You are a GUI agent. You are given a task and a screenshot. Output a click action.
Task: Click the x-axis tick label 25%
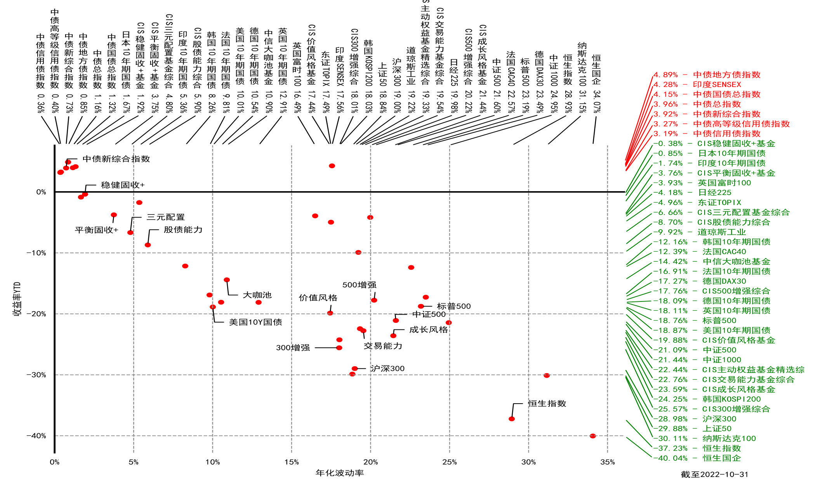click(449, 462)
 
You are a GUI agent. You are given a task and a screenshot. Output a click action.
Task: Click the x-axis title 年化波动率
click(339, 473)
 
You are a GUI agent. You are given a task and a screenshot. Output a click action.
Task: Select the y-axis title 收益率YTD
click(17, 299)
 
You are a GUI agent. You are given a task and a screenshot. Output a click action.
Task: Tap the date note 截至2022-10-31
click(714, 474)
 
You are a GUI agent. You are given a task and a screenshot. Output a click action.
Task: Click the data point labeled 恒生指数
click(512, 419)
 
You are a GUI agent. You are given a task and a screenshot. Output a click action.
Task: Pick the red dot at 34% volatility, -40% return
click(592, 436)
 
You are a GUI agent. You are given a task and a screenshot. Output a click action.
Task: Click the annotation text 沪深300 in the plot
click(387, 368)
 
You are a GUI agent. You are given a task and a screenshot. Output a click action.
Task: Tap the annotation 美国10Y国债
click(255, 322)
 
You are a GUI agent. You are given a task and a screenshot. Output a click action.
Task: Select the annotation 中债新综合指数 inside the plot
click(116, 159)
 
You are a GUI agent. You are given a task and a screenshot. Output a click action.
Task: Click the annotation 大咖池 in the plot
click(257, 295)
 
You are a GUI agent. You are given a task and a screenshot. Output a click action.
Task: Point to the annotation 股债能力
click(183, 230)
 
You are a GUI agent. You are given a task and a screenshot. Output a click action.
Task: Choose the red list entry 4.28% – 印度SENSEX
click(697, 84)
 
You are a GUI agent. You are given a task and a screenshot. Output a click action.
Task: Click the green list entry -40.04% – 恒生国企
click(697, 458)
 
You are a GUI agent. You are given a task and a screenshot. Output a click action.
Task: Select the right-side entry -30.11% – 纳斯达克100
click(704, 438)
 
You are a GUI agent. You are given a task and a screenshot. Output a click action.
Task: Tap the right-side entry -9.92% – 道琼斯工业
click(699, 232)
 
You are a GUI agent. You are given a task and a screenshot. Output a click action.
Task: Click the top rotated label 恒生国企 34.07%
click(596, 83)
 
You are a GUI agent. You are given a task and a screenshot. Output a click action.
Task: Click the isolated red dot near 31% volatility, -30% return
click(546, 376)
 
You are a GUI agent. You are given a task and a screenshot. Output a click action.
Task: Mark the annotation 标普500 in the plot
click(453, 306)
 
